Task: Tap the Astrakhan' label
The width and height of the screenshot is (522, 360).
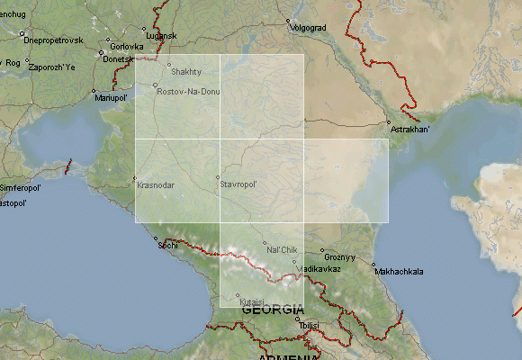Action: click(410, 130)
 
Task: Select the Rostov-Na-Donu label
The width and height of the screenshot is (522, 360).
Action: click(188, 92)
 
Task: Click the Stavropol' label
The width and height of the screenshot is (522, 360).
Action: click(239, 184)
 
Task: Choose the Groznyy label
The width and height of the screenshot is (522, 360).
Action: click(341, 257)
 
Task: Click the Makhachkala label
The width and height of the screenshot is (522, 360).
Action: click(399, 271)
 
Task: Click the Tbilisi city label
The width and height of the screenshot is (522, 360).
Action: click(310, 325)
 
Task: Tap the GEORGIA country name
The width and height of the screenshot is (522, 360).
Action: click(273, 310)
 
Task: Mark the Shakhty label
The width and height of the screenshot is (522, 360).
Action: click(186, 71)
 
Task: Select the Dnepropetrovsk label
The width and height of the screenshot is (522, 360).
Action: click(54, 40)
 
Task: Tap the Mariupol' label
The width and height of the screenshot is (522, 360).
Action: click(112, 97)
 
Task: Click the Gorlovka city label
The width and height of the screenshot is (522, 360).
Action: click(127, 46)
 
